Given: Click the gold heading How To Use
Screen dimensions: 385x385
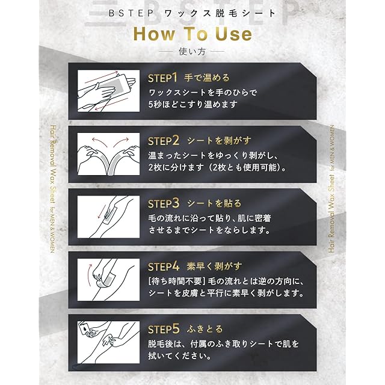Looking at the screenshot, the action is pos(192,34).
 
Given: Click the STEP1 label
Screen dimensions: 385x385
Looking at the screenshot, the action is pos(162,78).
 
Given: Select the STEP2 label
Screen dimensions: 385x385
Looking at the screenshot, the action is pos(164,141).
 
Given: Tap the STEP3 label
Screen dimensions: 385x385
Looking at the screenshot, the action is pos(164,203).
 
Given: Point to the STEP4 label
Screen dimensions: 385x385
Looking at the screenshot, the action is pos(164,266).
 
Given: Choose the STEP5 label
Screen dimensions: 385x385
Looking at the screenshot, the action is pos(164,329).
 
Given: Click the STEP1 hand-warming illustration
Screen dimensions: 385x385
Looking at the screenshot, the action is pos(108,91).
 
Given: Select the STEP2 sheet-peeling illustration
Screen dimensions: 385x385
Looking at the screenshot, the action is pos(108,154).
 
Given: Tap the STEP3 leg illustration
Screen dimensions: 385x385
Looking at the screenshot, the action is pos(108,217).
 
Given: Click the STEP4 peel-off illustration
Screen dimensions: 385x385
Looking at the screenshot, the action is pos(108,280).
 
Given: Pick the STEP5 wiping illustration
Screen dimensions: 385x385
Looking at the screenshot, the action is pos(108,342).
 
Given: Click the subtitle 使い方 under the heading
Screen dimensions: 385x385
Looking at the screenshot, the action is pos(192,52).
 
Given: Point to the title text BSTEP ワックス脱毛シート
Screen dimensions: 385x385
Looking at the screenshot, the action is pos(192,13).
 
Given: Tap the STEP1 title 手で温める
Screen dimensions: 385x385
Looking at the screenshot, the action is pos(207,78).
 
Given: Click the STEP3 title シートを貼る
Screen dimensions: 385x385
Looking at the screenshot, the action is pos(214,203).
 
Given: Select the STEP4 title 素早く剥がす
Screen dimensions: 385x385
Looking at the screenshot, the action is pos(214,266).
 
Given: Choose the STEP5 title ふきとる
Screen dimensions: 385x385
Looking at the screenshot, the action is pos(205,329).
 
